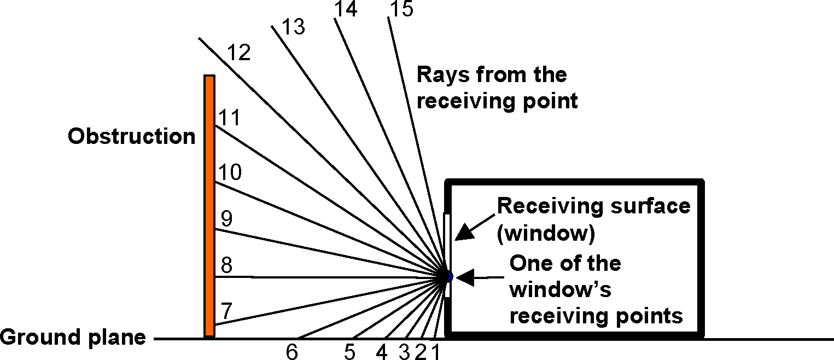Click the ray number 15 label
402,9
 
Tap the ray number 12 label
238,53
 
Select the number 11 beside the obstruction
230,118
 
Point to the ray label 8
226,266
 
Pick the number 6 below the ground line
292,352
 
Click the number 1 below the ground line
435,352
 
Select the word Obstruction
131,136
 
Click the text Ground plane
73,337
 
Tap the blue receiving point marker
448,277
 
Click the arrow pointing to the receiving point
476,278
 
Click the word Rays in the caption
441,74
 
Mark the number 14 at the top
346,9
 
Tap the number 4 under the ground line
381,352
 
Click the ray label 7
226,310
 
